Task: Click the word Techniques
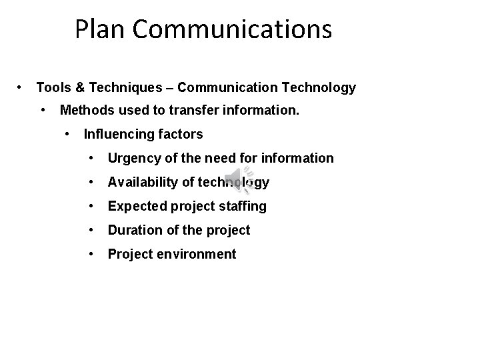pyautogui.click(x=125, y=87)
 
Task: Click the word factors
pyautogui.click(x=181, y=134)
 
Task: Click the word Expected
pyautogui.click(x=136, y=206)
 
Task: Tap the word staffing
pyautogui.click(x=243, y=206)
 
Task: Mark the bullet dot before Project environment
pyautogui.click(x=91, y=253)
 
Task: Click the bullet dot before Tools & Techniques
pyautogui.click(x=21, y=87)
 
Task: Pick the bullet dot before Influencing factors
pyautogui.click(x=68, y=133)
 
